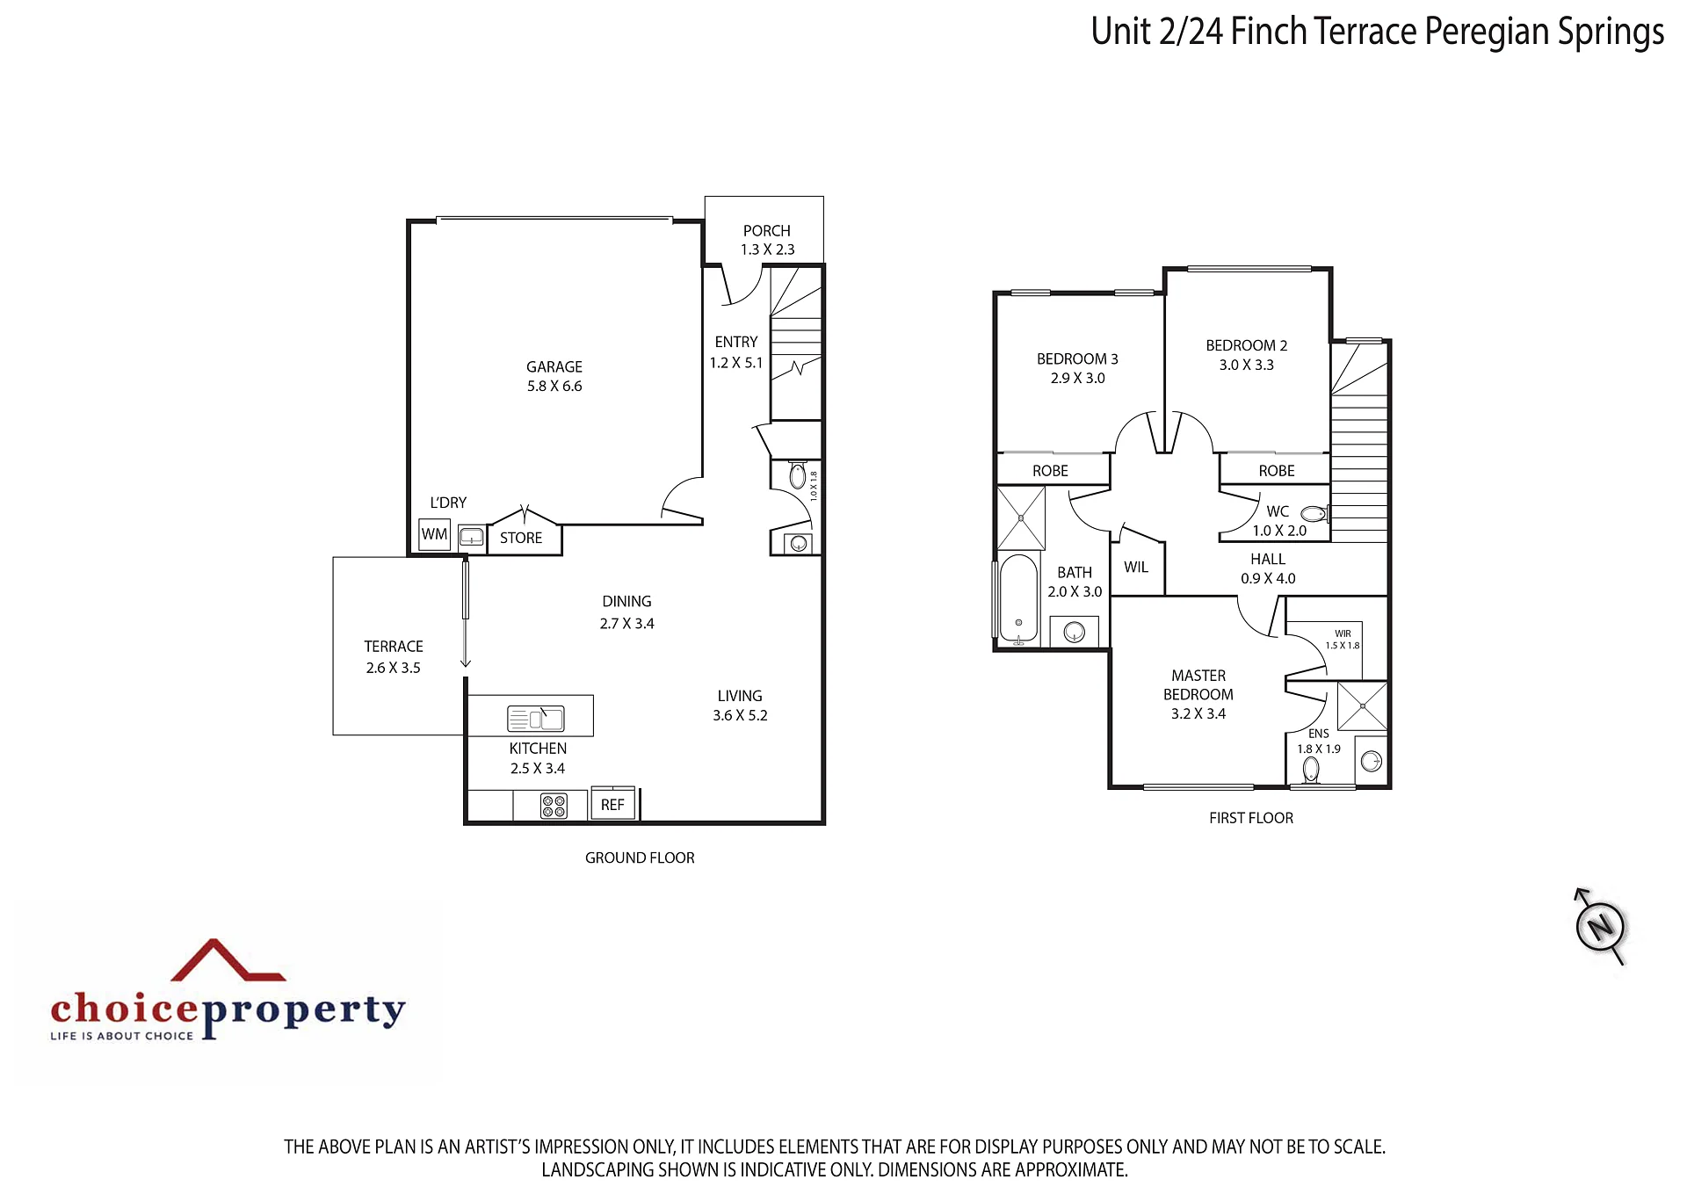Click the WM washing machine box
(435, 534)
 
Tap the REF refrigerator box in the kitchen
(612, 804)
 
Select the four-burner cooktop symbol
(554, 806)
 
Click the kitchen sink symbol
(536, 719)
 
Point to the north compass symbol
(1599, 927)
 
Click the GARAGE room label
(554, 366)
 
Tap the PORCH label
(767, 230)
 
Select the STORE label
(521, 538)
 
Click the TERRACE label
(394, 646)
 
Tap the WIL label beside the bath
(1136, 568)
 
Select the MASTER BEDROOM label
(1198, 684)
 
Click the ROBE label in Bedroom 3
(1050, 471)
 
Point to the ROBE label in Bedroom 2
(1277, 471)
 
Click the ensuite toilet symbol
(1311, 770)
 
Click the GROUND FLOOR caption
(640, 858)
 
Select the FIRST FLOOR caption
(1251, 818)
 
